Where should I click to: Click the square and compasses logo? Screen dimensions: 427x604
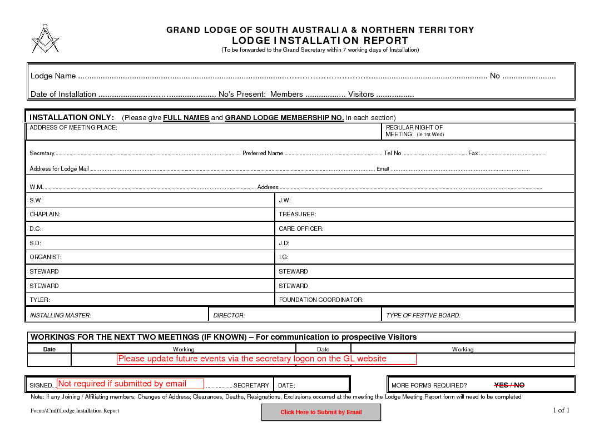tap(45, 39)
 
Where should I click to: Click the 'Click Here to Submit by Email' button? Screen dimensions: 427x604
tap(321, 413)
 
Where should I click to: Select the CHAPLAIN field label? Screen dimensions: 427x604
tap(45, 214)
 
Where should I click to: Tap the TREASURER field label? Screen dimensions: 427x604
tap(298, 214)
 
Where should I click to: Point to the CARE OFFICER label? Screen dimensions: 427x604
tap(301, 229)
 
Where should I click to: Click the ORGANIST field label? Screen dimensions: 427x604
tap(46, 257)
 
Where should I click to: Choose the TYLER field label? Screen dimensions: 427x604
tap(39, 300)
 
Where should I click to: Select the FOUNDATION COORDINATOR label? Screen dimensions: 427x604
tap(321, 300)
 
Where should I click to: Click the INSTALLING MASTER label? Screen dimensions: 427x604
tap(60, 315)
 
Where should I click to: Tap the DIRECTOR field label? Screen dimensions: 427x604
tap(229, 315)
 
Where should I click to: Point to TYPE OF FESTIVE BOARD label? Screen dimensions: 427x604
tap(423, 315)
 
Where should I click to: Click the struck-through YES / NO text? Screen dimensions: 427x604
tap(509, 385)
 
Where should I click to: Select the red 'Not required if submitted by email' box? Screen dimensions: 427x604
tap(131, 384)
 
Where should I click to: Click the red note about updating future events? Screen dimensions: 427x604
tap(266, 359)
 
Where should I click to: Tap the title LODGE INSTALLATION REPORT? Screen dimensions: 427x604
tap(320, 41)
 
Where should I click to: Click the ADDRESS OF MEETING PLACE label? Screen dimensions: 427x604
tap(73, 127)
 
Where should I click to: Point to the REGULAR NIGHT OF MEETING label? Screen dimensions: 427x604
tap(414, 131)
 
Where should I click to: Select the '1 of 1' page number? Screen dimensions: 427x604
tap(561, 410)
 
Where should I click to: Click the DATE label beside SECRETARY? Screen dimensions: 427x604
tap(286, 385)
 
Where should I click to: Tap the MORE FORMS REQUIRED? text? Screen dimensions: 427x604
tap(429, 385)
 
